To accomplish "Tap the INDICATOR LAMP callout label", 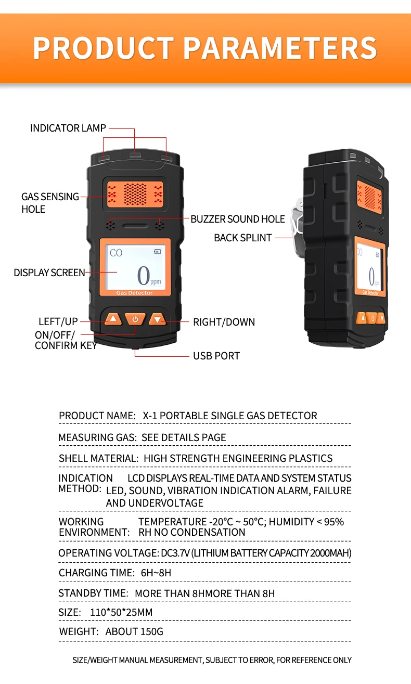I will pyautogui.click(x=68, y=128).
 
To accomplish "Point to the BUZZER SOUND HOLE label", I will pyautogui.click(x=238, y=219).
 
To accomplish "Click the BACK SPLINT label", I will pyautogui.click(x=243, y=238).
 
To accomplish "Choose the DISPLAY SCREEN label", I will pyautogui.click(x=49, y=273).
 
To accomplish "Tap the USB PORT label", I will pyautogui.click(x=216, y=356).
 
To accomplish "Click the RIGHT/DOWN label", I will pyautogui.click(x=224, y=322).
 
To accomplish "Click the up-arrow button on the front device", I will pyautogui.click(x=112, y=319).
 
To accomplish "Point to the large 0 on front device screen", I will pyautogui.click(x=143, y=276).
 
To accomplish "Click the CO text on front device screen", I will pyautogui.click(x=116, y=253).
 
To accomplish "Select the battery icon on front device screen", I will pyautogui.click(x=157, y=252).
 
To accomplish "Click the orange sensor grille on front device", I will pyautogui.click(x=135, y=193).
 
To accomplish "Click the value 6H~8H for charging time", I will pyautogui.click(x=156, y=573).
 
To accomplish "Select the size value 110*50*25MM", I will pyautogui.click(x=121, y=612).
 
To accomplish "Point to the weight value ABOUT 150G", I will pyautogui.click(x=134, y=632).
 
